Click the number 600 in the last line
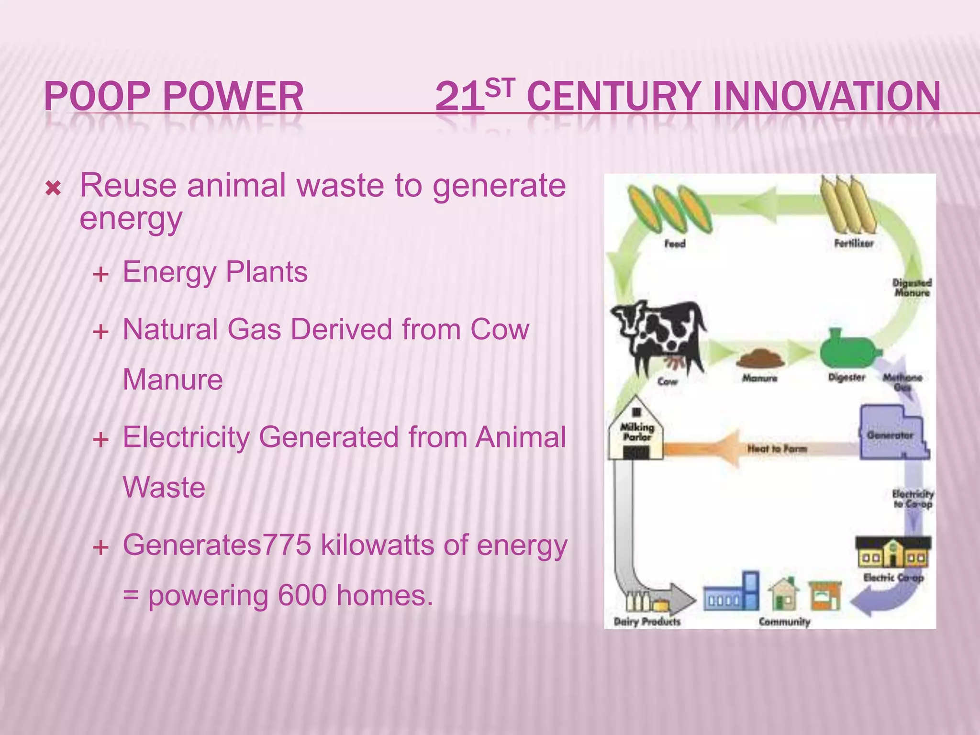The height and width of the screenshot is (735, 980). [302, 595]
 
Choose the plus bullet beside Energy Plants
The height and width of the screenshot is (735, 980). [101, 275]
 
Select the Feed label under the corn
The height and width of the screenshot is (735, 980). [675, 244]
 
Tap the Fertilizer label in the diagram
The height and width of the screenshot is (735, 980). [854, 243]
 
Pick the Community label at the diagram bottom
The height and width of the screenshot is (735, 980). [784, 622]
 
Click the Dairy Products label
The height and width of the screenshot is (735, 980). [647, 622]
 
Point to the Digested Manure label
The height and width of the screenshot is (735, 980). [912, 287]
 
